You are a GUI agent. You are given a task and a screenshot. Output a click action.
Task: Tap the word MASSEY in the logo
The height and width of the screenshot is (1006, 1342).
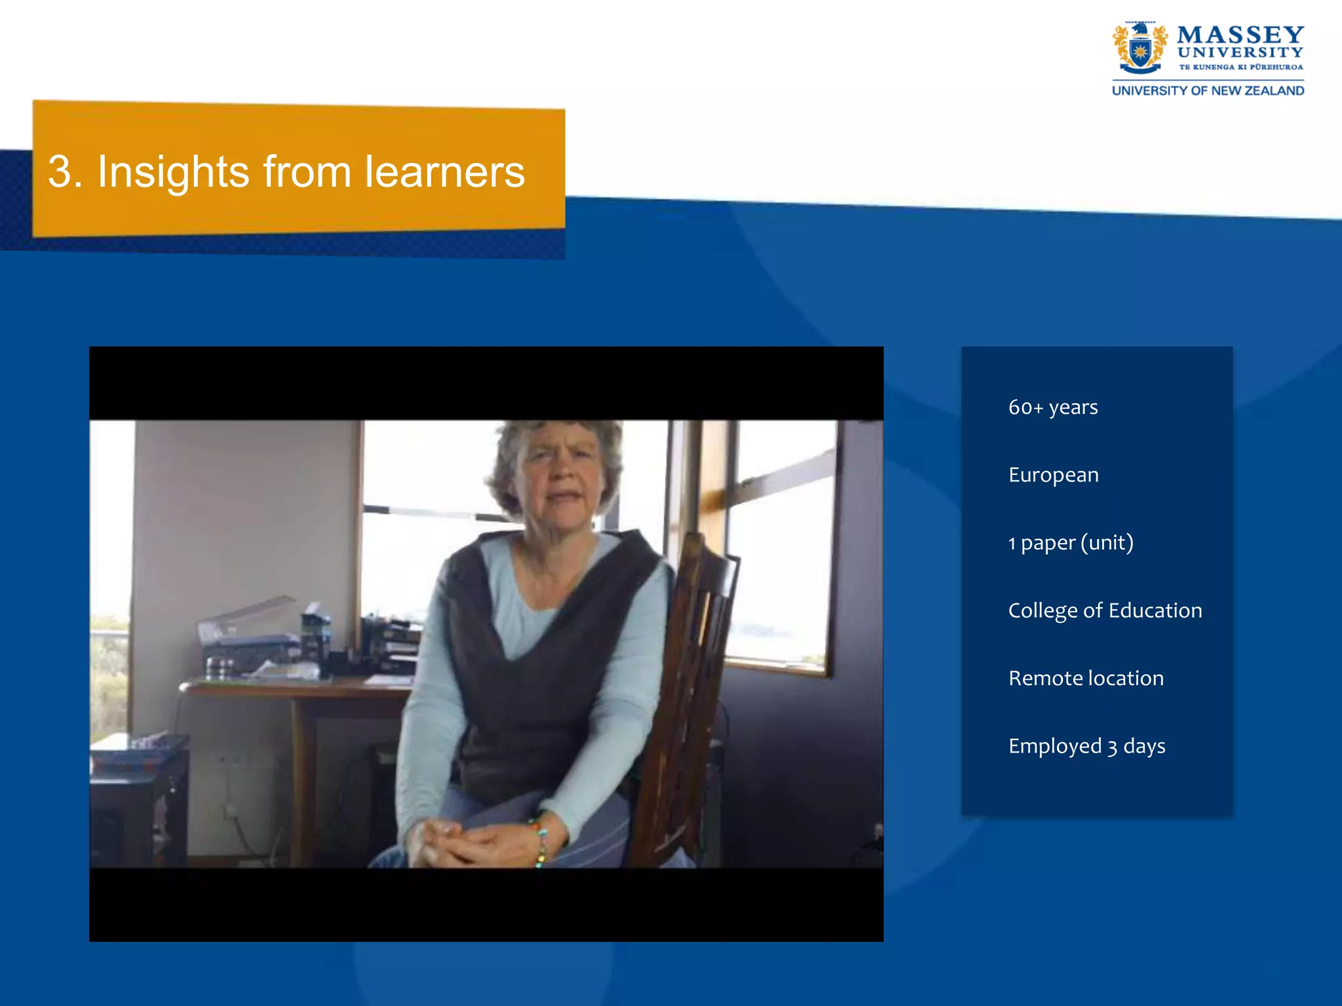pos(1240,35)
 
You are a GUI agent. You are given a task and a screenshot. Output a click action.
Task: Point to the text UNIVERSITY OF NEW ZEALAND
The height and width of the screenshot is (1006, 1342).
pos(1208,91)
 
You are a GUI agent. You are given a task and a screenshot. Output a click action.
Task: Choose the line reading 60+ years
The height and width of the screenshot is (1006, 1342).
pos(1053,407)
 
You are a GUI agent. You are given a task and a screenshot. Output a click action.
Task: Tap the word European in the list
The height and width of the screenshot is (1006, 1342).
pos(1053,475)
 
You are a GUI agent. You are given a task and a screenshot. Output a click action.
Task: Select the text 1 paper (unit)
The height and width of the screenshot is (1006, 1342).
pos(1071,543)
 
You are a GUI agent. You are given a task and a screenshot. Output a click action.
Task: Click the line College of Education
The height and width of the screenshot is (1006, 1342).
pos(1105,610)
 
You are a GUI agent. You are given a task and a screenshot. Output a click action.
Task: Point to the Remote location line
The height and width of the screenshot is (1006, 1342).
pos(1086,678)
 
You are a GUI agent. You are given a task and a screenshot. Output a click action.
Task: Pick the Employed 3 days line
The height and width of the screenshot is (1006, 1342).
pos(1086,746)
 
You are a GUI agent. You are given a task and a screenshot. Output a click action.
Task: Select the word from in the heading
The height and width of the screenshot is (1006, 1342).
pos(307,172)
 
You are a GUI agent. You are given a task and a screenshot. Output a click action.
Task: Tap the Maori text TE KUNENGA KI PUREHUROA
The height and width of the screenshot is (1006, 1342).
pos(1240,67)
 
